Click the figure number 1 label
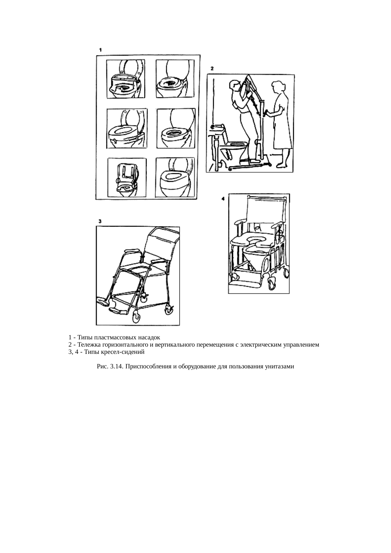tap(100, 50)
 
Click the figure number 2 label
tap(212, 68)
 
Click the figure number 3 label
tap(100, 221)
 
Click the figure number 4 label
tap(223, 199)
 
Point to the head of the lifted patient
tap(234, 85)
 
